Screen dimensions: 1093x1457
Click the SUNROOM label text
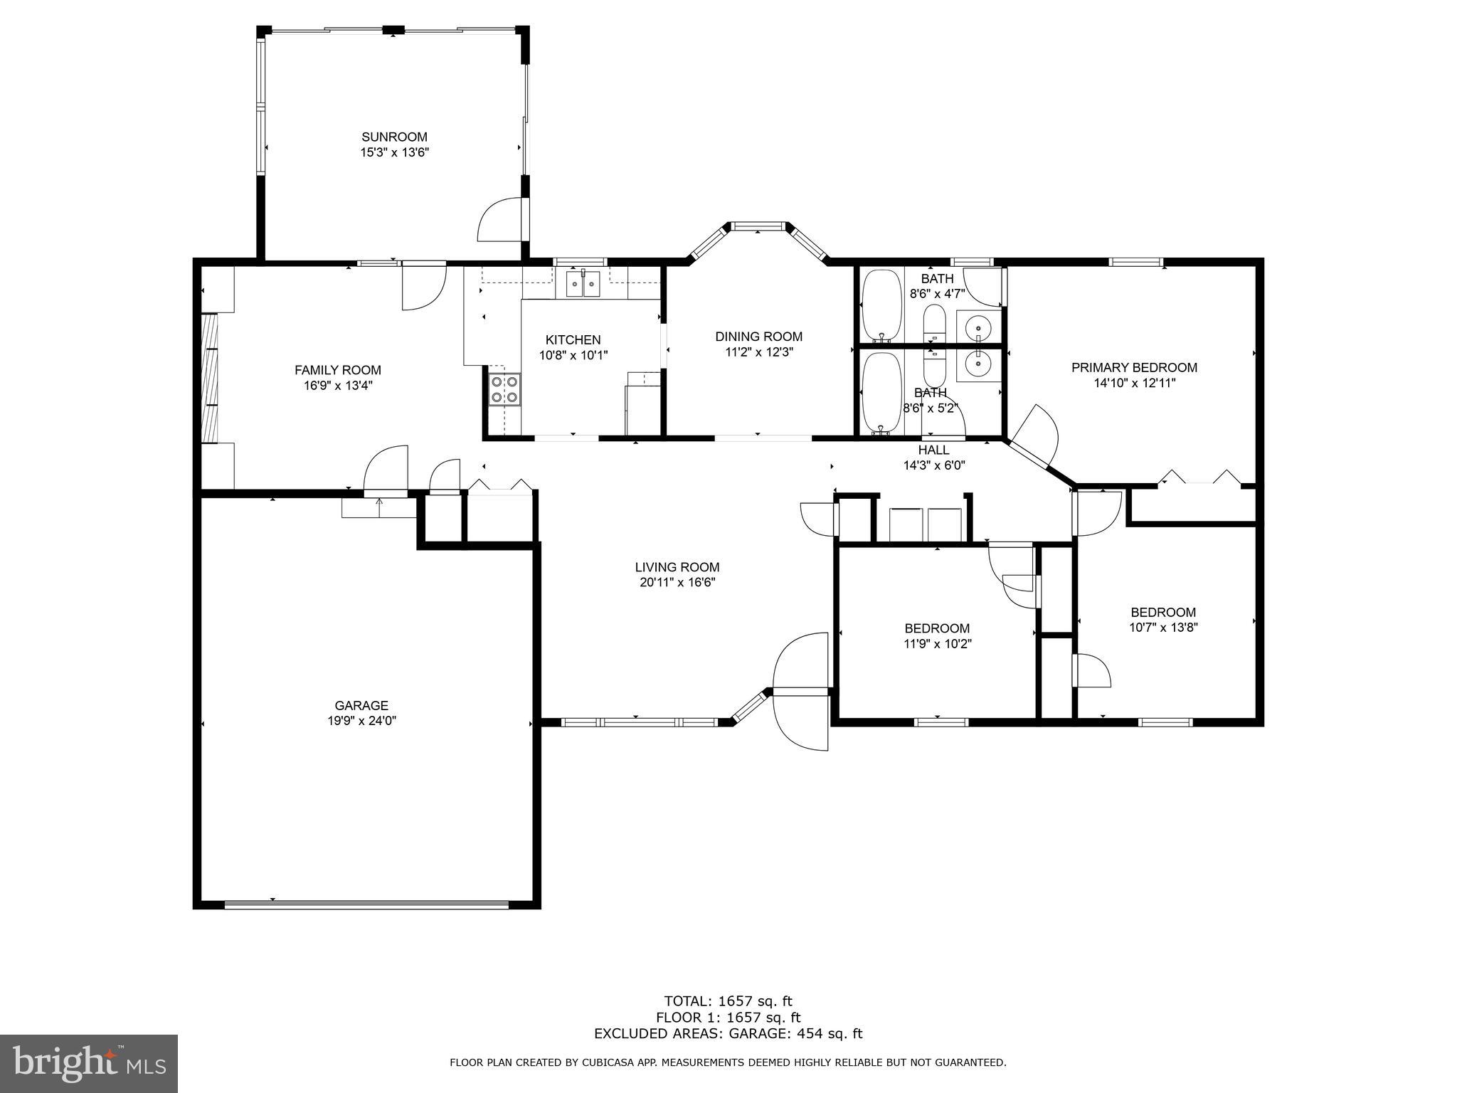click(394, 137)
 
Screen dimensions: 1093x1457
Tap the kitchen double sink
click(583, 283)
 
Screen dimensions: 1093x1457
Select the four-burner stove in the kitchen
click(504, 390)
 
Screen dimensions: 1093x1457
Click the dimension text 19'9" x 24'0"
click(361, 721)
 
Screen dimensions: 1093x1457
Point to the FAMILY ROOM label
click(338, 370)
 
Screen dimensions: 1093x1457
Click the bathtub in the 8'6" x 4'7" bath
click(881, 305)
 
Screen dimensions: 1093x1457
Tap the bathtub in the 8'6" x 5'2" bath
click(881, 393)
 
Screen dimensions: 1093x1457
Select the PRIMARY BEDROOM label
click(1134, 368)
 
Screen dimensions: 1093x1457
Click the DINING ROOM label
click(758, 337)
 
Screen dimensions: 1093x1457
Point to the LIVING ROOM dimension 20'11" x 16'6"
click(677, 583)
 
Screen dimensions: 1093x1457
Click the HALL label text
click(933, 450)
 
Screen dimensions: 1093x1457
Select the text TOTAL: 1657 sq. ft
click(728, 1002)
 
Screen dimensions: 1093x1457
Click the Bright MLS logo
click(88, 1063)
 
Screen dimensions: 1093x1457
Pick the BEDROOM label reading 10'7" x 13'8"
click(1163, 613)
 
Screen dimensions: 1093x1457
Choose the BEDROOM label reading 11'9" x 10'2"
click(937, 629)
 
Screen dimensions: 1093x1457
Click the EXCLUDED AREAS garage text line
click(728, 1034)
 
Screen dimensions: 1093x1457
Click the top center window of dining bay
click(758, 227)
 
